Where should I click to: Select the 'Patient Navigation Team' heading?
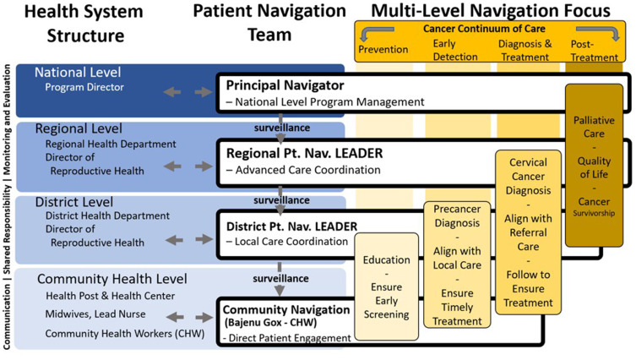coord(269,24)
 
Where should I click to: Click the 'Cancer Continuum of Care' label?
coord(495,29)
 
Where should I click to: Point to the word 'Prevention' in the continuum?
coord(383,49)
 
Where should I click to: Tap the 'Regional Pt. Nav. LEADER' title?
coord(303,153)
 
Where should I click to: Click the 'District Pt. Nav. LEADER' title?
coord(292,226)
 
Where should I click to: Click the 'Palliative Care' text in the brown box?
coord(594,128)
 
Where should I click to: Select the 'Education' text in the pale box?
coord(386,260)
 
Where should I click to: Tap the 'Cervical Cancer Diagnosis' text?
coord(528,177)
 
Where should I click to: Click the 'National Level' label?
coord(78,73)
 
